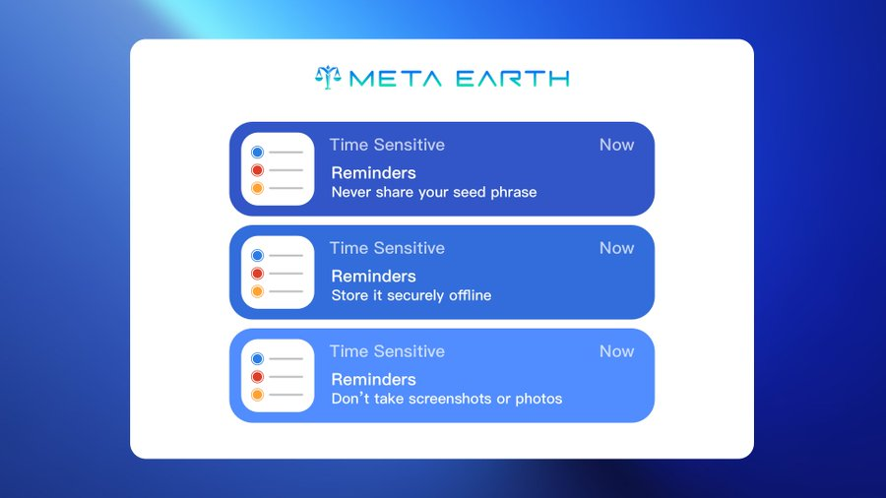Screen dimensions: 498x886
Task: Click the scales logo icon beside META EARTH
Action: pos(328,77)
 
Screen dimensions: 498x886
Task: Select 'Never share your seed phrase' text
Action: pos(433,192)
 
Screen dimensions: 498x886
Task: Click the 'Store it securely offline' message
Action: pos(411,295)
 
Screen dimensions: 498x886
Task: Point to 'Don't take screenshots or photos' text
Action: pos(446,399)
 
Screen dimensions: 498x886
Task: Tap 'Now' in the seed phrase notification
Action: pos(616,145)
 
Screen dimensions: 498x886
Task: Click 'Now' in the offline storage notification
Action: pos(616,248)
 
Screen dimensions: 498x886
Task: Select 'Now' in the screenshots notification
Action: pos(616,351)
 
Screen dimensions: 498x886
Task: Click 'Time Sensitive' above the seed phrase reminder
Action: pos(387,145)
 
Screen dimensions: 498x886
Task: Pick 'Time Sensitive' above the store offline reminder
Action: pos(387,248)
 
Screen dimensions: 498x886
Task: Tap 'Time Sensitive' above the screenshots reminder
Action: pos(387,351)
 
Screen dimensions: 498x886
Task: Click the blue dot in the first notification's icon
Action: pos(257,153)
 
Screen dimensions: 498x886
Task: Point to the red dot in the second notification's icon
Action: pos(257,274)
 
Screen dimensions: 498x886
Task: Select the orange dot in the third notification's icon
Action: pos(257,395)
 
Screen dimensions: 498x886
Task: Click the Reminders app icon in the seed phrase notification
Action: pos(278,169)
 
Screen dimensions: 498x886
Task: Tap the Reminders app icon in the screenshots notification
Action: pos(278,376)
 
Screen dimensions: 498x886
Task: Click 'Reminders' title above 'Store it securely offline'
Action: pos(373,277)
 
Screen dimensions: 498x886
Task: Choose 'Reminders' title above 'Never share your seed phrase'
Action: pos(373,173)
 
